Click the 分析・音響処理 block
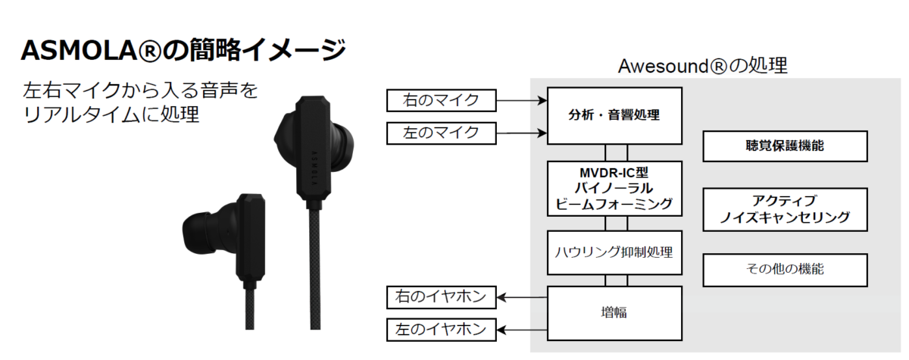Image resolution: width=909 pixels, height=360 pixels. [614, 116]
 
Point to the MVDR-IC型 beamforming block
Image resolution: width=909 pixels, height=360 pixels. [614, 188]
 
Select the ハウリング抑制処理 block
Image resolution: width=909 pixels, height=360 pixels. [614, 252]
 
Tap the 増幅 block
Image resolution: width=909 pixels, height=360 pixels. [614, 311]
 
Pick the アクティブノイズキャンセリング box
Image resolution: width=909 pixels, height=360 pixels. [785, 210]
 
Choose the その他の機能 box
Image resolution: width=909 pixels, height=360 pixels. [785, 270]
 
